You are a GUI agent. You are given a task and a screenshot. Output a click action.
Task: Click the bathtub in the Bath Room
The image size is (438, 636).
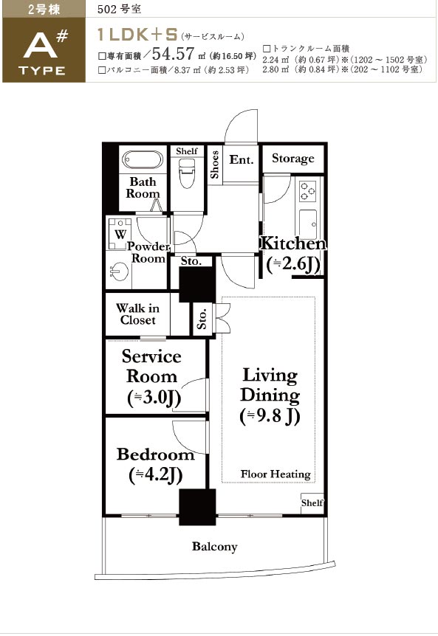click(143, 160)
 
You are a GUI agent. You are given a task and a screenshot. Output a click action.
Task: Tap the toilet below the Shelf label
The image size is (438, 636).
click(187, 173)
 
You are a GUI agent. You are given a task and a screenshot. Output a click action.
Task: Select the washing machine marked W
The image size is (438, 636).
click(120, 234)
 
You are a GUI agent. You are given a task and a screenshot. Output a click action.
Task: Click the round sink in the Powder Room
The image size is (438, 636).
click(119, 271)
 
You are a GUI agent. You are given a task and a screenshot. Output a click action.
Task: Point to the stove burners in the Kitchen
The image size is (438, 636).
click(307, 191)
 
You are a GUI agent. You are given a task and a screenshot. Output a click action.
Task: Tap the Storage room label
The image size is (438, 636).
click(292, 158)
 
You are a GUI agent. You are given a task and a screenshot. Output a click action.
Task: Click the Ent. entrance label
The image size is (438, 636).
click(241, 159)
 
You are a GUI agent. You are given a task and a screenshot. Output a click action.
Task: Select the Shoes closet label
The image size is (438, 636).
click(214, 165)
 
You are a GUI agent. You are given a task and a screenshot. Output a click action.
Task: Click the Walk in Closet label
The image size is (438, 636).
click(137, 314)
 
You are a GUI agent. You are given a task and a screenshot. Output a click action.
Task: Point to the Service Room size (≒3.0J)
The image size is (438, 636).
click(154, 398)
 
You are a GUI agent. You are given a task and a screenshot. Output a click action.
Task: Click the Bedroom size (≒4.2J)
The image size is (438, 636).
click(155, 474)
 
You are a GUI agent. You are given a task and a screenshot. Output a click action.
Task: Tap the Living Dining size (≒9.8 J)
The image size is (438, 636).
click(270, 416)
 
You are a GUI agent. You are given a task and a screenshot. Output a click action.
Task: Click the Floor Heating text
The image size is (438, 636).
click(276, 474)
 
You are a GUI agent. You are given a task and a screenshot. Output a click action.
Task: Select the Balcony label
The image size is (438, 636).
click(215, 547)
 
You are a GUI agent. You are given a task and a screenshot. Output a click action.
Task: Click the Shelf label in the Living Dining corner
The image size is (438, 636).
click(312, 502)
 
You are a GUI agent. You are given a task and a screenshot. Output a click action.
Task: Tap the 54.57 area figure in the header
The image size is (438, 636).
click(174, 54)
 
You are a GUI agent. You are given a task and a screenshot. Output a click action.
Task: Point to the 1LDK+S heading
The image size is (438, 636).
click(137, 35)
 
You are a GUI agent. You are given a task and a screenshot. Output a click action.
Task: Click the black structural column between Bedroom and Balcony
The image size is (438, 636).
click(197, 507)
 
